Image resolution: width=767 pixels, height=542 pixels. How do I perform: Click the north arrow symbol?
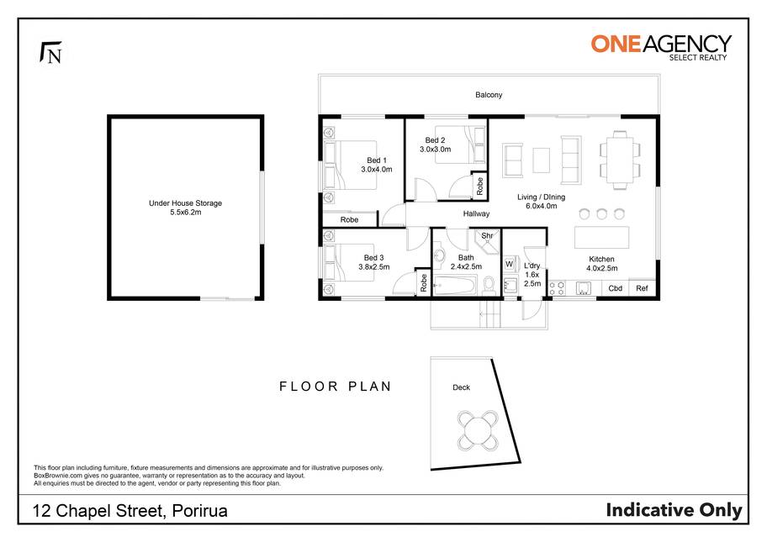(x=50, y=52)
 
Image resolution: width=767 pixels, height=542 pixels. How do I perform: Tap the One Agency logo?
(x=661, y=47)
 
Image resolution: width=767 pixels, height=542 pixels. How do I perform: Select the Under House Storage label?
(x=185, y=203)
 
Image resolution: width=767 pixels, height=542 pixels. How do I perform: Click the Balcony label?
(x=489, y=95)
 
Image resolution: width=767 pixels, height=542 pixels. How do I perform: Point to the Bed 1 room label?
(x=377, y=160)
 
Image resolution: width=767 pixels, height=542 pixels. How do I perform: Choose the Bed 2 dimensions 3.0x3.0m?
(x=436, y=150)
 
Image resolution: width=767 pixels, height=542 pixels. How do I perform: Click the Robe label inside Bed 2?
(x=480, y=187)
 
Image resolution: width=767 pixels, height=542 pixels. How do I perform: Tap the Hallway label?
(x=477, y=213)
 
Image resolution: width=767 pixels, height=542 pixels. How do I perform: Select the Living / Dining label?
(x=541, y=197)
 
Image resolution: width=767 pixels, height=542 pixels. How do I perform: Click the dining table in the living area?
(x=620, y=160)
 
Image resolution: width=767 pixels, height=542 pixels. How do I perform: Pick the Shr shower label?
(x=487, y=235)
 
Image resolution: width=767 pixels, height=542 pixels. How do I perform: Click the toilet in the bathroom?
(x=489, y=285)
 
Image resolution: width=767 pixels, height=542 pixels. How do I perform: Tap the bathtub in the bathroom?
(x=455, y=285)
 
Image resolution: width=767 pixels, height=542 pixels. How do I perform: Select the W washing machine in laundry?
(x=509, y=265)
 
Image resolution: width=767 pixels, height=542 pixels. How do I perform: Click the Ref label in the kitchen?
(x=642, y=288)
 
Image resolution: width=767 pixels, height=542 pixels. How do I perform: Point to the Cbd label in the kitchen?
(x=616, y=288)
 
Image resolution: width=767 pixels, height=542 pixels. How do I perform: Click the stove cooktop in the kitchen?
(x=557, y=288)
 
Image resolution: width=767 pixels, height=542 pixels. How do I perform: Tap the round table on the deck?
(x=478, y=430)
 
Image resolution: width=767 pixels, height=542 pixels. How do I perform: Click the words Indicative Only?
(x=674, y=510)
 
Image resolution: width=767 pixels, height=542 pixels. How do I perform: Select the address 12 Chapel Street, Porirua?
(x=130, y=511)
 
